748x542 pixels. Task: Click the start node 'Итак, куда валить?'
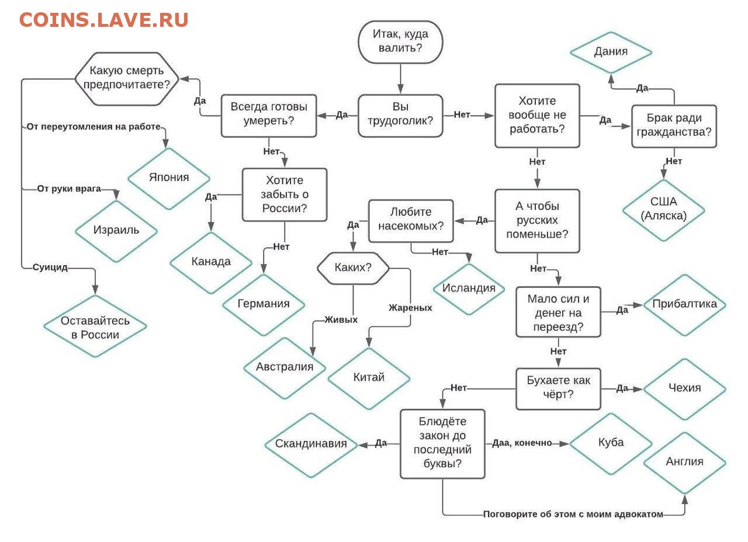point(400,41)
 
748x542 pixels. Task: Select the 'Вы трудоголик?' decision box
point(400,115)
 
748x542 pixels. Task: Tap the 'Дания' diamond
point(611,52)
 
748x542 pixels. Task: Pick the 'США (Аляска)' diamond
point(663,209)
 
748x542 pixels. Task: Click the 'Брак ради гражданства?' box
point(674,125)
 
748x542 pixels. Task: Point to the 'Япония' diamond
point(169,178)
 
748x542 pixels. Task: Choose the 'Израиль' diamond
point(116,230)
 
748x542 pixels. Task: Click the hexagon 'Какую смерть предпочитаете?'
point(127,78)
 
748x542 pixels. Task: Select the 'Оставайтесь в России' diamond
point(95,327)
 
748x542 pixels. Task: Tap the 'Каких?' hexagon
point(353,268)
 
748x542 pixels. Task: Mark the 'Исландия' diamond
point(469,289)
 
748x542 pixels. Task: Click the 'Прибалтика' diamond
point(684,304)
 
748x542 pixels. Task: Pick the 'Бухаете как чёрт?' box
point(558,388)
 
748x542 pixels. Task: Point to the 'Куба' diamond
point(611,443)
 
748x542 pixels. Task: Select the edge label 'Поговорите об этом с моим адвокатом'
point(573,515)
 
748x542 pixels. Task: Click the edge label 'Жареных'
point(410,308)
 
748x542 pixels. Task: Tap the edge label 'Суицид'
point(50,267)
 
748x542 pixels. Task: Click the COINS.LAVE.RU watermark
point(103,20)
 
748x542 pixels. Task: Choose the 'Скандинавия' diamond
point(311,444)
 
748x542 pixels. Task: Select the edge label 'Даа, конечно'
point(522,443)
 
